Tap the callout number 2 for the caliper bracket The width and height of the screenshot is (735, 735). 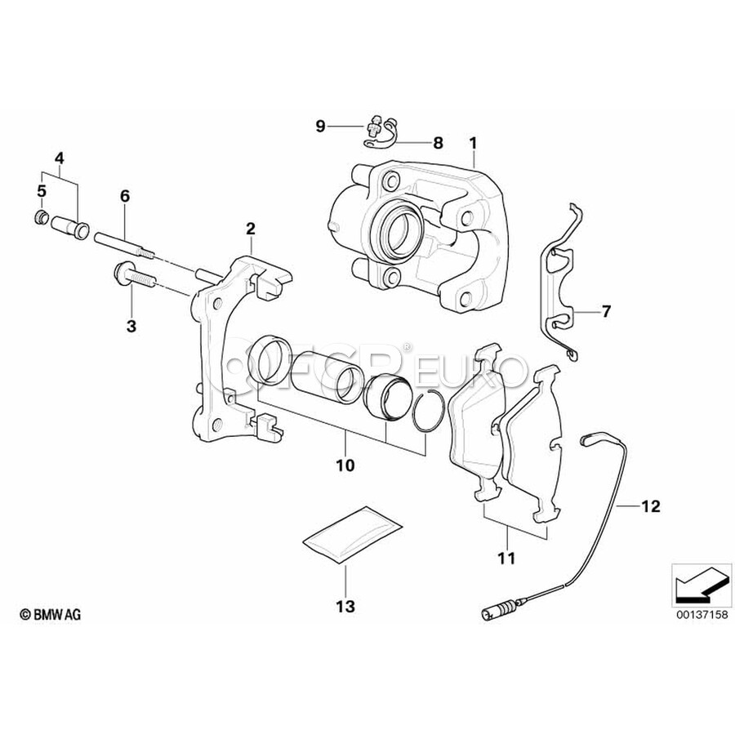point(251,229)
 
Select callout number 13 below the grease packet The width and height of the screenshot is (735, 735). point(345,606)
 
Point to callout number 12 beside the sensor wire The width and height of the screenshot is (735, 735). point(650,506)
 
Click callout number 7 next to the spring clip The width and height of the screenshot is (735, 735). point(606,311)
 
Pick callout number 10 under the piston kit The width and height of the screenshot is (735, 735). point(345,465)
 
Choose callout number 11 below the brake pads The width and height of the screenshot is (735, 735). point(506,558)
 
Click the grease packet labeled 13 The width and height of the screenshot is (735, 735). point(352,534)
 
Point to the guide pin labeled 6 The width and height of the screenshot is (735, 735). point(124,245)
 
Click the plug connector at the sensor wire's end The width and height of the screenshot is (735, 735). point(500,612)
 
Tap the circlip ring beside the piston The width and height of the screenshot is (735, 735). point(428,409)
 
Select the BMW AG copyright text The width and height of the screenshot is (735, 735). point(50,614)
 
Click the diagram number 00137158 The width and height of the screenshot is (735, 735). point(702,614)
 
